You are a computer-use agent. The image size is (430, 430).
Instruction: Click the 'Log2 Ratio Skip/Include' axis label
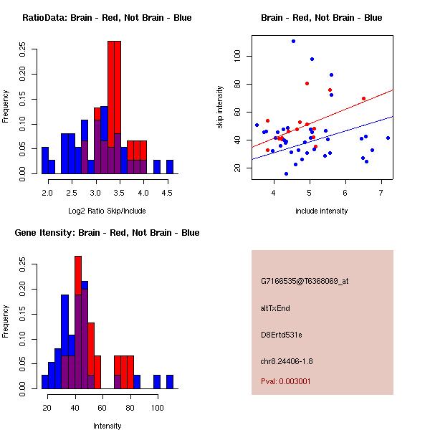107,211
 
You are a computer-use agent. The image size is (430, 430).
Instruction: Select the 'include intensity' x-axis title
322,211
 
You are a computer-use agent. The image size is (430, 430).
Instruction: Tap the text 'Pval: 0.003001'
286,382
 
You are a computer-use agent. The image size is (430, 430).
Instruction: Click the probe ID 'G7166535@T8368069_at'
305,281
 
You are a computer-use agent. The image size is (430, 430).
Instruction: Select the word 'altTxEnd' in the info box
275,307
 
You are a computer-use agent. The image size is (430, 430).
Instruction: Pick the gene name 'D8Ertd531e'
282,334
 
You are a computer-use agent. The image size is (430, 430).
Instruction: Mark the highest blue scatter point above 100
293,41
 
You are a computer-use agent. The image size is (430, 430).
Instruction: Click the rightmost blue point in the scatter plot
388,138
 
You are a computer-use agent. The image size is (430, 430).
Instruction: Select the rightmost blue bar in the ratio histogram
170,166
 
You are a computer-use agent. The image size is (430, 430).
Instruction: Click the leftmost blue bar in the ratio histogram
45,160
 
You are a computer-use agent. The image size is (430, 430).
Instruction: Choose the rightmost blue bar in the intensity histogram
170,381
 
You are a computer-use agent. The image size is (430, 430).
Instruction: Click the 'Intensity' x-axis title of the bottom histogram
107,426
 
